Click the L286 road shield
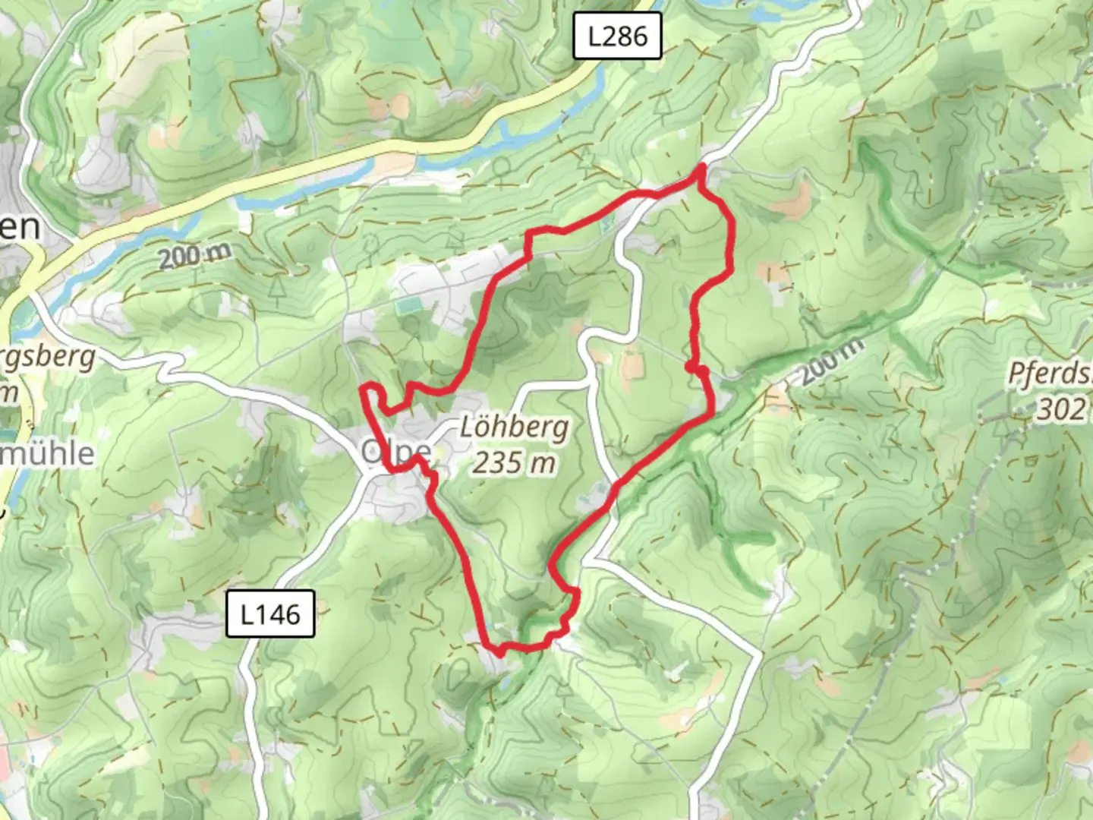(617, 36)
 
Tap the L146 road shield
(270, 613)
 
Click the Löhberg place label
(515, 428)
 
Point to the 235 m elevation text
(514, 462)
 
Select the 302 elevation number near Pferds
(1060, 409)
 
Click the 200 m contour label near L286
(194, 256)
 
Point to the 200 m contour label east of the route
(832, 359)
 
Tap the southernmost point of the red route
(499, 651)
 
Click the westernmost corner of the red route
(362, 391)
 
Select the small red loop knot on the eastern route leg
(697, 369)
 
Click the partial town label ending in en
(19, 226)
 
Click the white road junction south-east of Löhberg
(592, 560)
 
